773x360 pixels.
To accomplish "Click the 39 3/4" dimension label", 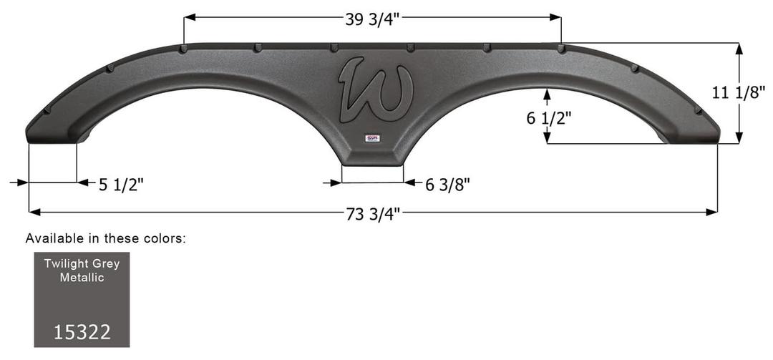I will [372, 19].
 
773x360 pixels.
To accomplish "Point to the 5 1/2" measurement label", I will [122, 184].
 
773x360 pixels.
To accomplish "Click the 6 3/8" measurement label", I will [447, 185].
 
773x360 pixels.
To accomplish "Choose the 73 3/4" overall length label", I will [373, 213].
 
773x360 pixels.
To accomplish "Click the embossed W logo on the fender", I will [375, 89].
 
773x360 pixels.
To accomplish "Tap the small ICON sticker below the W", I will [373, 138].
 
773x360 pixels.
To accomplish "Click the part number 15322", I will [82, 332].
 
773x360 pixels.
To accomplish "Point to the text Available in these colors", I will [105, 238].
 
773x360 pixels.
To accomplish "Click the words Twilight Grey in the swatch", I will [82, 263].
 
